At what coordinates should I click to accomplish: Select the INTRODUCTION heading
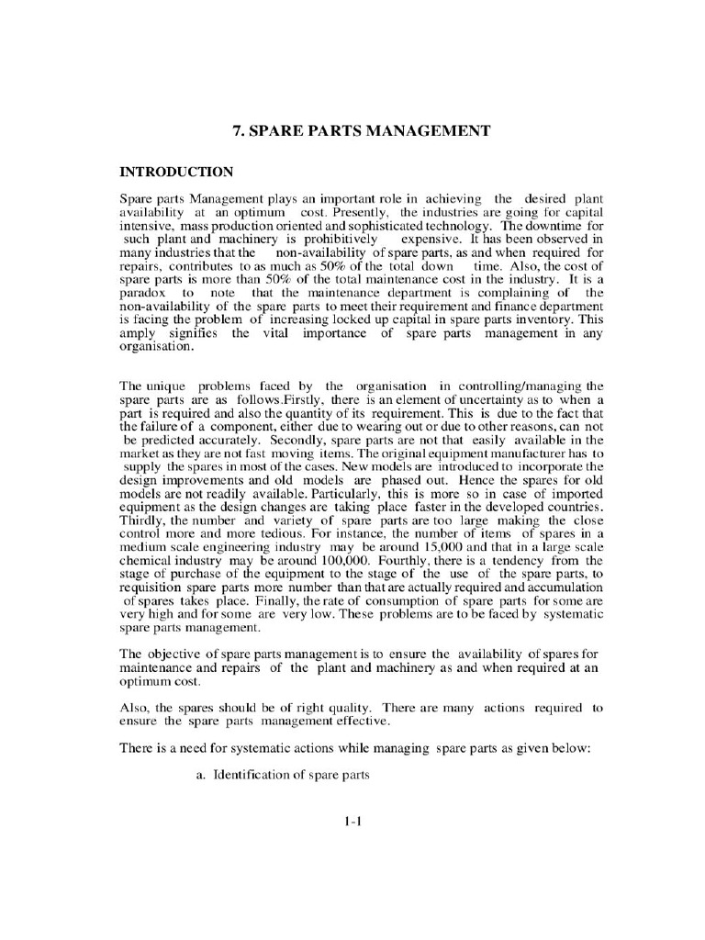click(177, 172)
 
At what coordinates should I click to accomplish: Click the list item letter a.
click(199, 775)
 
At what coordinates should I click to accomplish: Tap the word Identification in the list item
click(251, 775)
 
